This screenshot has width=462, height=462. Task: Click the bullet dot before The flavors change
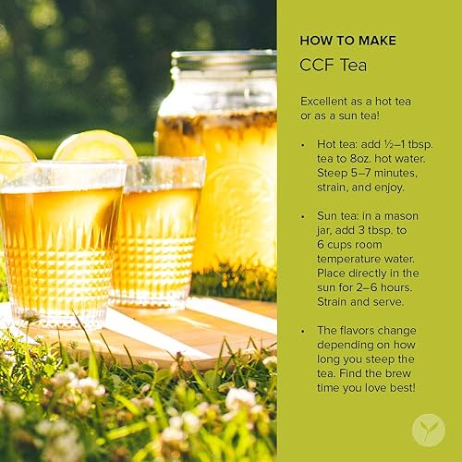click(305, 330)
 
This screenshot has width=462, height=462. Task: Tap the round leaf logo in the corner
click(428, 430)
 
